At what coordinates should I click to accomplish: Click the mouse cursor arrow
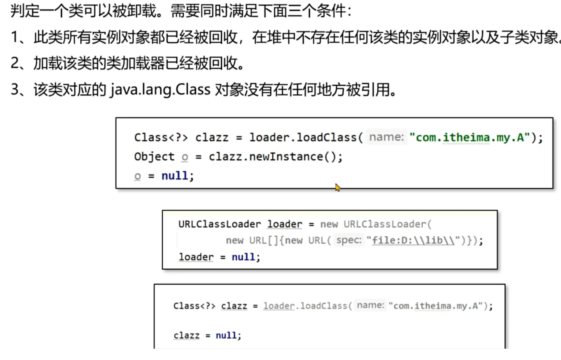point(337,187)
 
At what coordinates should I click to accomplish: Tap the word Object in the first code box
point(154,157)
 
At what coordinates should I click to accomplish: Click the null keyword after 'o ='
point(175,176)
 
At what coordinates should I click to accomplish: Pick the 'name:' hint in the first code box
point(386,137)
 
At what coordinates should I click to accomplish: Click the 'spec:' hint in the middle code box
point(349,240)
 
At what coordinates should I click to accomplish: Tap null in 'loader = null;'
point(243,257)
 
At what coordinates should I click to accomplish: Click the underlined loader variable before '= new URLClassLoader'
point(284,224)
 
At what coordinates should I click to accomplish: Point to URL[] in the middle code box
point(263,240)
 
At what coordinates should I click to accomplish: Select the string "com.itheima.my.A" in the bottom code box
point(435,306)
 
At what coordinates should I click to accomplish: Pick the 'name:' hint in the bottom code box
point(370,305)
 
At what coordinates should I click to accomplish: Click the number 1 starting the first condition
point(14,37)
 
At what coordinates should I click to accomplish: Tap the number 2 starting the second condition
point(15,63)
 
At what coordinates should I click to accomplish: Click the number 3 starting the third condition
point(15,90)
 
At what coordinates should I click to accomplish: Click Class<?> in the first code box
point(161,137)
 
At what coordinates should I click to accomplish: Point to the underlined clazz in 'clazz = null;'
point(186,335)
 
